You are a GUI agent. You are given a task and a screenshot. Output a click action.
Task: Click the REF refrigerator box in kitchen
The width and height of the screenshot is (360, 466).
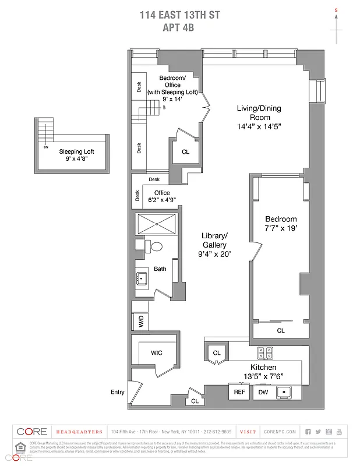[239, 392]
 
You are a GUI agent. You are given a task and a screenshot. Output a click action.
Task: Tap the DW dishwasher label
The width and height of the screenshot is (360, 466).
[263, 392]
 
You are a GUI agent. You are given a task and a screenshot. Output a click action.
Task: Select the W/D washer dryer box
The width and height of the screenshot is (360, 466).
[140, 322]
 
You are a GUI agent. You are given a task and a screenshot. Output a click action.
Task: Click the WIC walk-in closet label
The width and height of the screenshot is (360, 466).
[157, 352]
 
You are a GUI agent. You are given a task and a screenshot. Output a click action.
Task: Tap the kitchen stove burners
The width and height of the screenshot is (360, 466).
[266, 353]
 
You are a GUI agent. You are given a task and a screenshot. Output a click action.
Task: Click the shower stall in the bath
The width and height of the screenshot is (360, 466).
[156, 224]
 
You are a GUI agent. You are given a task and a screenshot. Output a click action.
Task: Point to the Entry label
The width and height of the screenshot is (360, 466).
[118, 392]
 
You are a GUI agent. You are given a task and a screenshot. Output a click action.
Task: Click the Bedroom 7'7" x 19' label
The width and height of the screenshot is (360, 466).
[281, 224]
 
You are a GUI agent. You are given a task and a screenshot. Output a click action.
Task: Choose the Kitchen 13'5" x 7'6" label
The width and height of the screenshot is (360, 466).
[263, 372]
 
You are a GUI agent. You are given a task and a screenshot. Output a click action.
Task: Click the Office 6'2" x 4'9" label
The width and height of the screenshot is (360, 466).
[161, 196]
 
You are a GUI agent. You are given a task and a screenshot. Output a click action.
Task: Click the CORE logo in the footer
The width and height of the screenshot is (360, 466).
[31, 432]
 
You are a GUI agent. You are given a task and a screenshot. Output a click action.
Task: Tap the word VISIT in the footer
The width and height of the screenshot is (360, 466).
[248, 432]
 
